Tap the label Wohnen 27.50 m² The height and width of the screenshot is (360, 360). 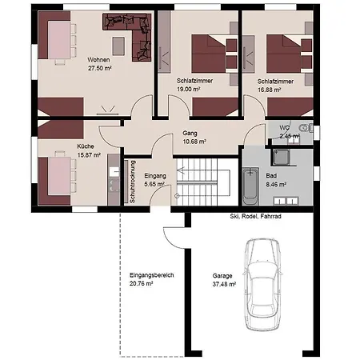tap(100, 63)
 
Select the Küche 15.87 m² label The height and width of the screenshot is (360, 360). tap(89, 150)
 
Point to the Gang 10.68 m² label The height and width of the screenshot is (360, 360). tap(194, 138)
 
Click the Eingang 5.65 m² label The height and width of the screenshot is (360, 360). tap(154, 179)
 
